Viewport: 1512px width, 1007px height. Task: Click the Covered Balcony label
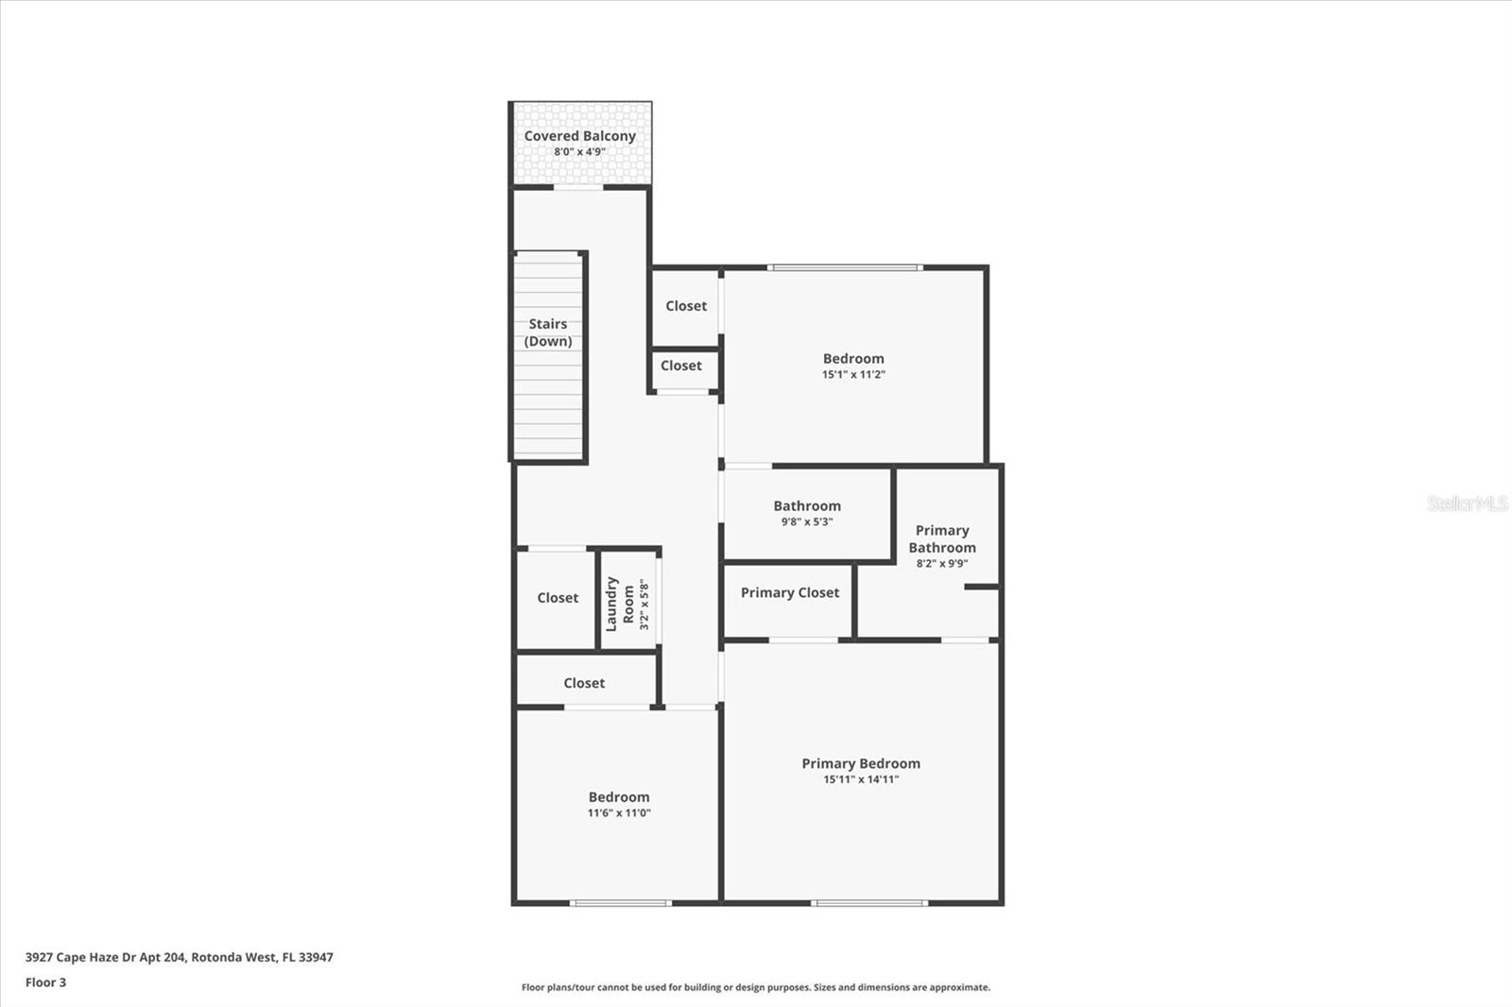click(x=579, y=136)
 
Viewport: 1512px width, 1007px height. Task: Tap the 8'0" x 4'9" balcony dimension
click(x=579, y=152)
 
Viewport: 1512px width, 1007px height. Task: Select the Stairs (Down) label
click(x=548, y=333)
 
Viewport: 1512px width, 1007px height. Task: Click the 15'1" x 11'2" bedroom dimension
click(x=853, y=375)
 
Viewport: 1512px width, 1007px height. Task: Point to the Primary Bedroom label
click(x=860, y=763)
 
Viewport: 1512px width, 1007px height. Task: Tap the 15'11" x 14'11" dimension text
click(x=860, y=780)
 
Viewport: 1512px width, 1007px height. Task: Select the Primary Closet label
click(x=789, y=593)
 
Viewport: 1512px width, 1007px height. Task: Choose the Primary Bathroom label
click(x=941, y=538)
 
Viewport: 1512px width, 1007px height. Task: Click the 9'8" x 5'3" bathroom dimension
click(x=806, y=522)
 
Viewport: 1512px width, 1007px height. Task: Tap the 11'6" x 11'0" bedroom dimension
click(x=618, y=813)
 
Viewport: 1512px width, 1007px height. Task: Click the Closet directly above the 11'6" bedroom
click(x=584, y=683)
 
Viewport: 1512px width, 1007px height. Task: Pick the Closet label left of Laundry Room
click(x=558, y=598)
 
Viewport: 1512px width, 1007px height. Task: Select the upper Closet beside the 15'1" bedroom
click(x=685, y=306)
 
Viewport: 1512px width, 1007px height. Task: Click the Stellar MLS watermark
click(x=1467, y=503)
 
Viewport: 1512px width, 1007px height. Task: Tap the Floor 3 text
click(x=45, y=982)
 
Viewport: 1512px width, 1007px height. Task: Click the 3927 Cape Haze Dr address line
click(x=179, y=957)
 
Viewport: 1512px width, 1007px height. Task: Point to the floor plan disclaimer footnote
click(x=755, y=987)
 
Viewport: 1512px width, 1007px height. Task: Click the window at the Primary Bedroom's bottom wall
click(x=868, y=903)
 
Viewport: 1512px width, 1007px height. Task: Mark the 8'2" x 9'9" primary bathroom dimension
click(x=941, y=564)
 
